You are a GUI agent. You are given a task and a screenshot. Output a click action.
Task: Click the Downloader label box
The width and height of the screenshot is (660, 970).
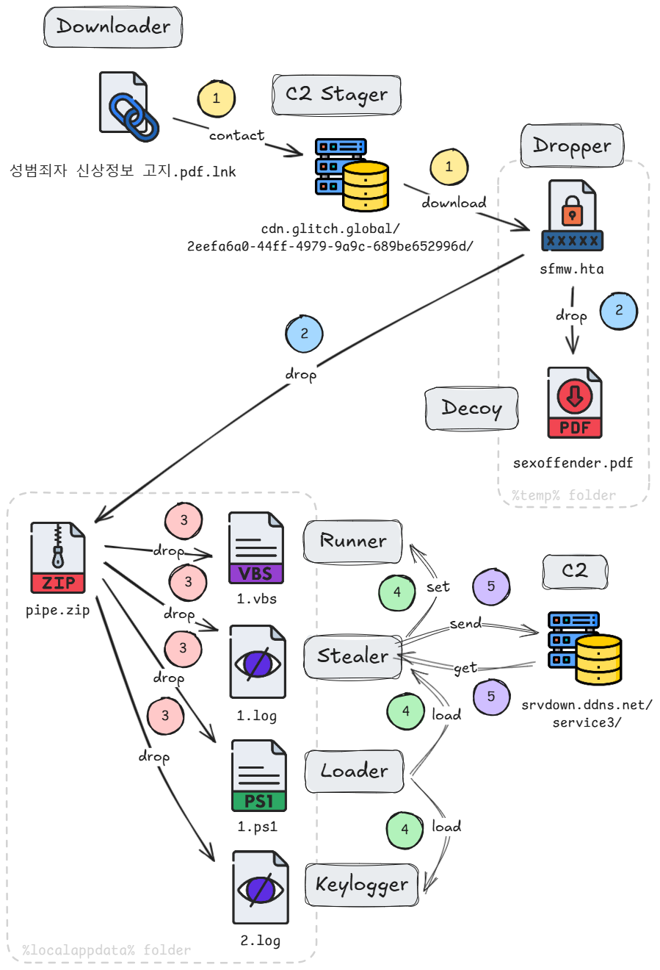click(113, 27)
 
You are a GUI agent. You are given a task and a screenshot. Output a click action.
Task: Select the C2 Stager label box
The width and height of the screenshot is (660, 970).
click(337, 95)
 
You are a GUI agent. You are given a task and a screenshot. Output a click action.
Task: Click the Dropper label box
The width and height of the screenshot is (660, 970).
click(572, 146)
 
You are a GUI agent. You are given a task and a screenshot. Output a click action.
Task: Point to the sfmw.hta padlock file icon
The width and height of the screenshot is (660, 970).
click(572, 216)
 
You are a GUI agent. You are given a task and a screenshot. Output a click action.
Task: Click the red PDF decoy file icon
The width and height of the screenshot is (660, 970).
click(575, 403)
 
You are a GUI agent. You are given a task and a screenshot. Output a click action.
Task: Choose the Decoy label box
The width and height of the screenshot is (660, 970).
click(472, 409)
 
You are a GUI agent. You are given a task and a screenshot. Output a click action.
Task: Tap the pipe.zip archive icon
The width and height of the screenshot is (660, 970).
click(58, 558)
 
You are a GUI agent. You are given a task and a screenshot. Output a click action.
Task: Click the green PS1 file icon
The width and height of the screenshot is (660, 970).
click(258, 776)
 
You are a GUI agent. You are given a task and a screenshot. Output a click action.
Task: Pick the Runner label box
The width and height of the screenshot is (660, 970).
click(353, 542)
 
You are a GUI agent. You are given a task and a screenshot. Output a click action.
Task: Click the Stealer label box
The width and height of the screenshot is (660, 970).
click(353, 656)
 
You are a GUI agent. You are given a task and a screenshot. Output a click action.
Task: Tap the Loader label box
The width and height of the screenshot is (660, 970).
click(354, 771)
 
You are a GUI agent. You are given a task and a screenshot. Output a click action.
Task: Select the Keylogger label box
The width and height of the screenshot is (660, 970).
click(362, 885)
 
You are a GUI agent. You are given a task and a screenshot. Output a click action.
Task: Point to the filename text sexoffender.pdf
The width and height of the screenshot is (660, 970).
click(573, 463)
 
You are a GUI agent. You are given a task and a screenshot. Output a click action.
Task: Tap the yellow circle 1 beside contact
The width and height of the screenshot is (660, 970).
click(216, 98)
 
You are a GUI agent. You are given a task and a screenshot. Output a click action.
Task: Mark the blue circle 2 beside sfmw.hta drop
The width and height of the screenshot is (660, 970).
click(618, 310)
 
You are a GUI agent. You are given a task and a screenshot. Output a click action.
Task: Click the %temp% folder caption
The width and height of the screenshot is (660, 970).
click(564, 495)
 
